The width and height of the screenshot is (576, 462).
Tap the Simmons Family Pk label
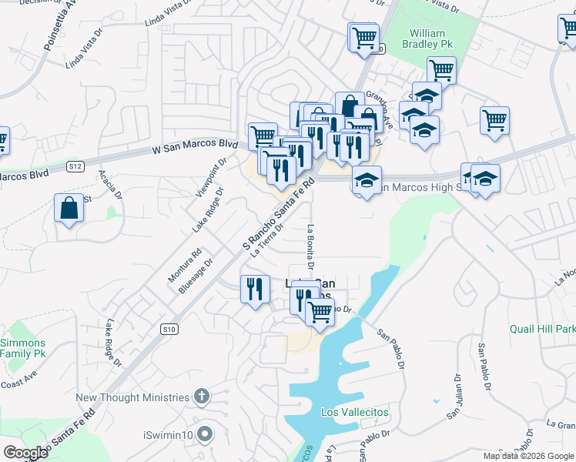coord(22,348)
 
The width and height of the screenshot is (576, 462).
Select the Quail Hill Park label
coord(542,329)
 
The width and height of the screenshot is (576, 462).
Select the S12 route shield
coord(75,166)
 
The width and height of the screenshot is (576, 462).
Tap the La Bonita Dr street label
coord(311,246)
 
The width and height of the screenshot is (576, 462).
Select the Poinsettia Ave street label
coord(59,25)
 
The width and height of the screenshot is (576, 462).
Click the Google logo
coord(25,452)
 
